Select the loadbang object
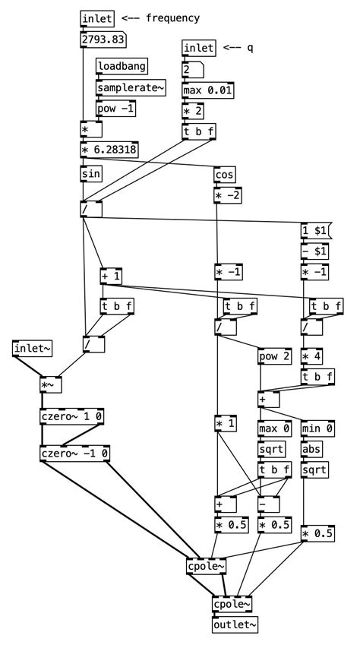point(122,67)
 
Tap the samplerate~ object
point(130,88)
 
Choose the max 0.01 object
point(207,91)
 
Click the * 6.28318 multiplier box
point(109,150)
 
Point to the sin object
point(91,174)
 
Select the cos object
point(225,175)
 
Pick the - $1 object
point(314,251)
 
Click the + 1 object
point(111,277)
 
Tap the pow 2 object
point(273,356)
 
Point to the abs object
point(312,450)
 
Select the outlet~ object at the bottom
point(235,624)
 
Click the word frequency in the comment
point(172,18)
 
